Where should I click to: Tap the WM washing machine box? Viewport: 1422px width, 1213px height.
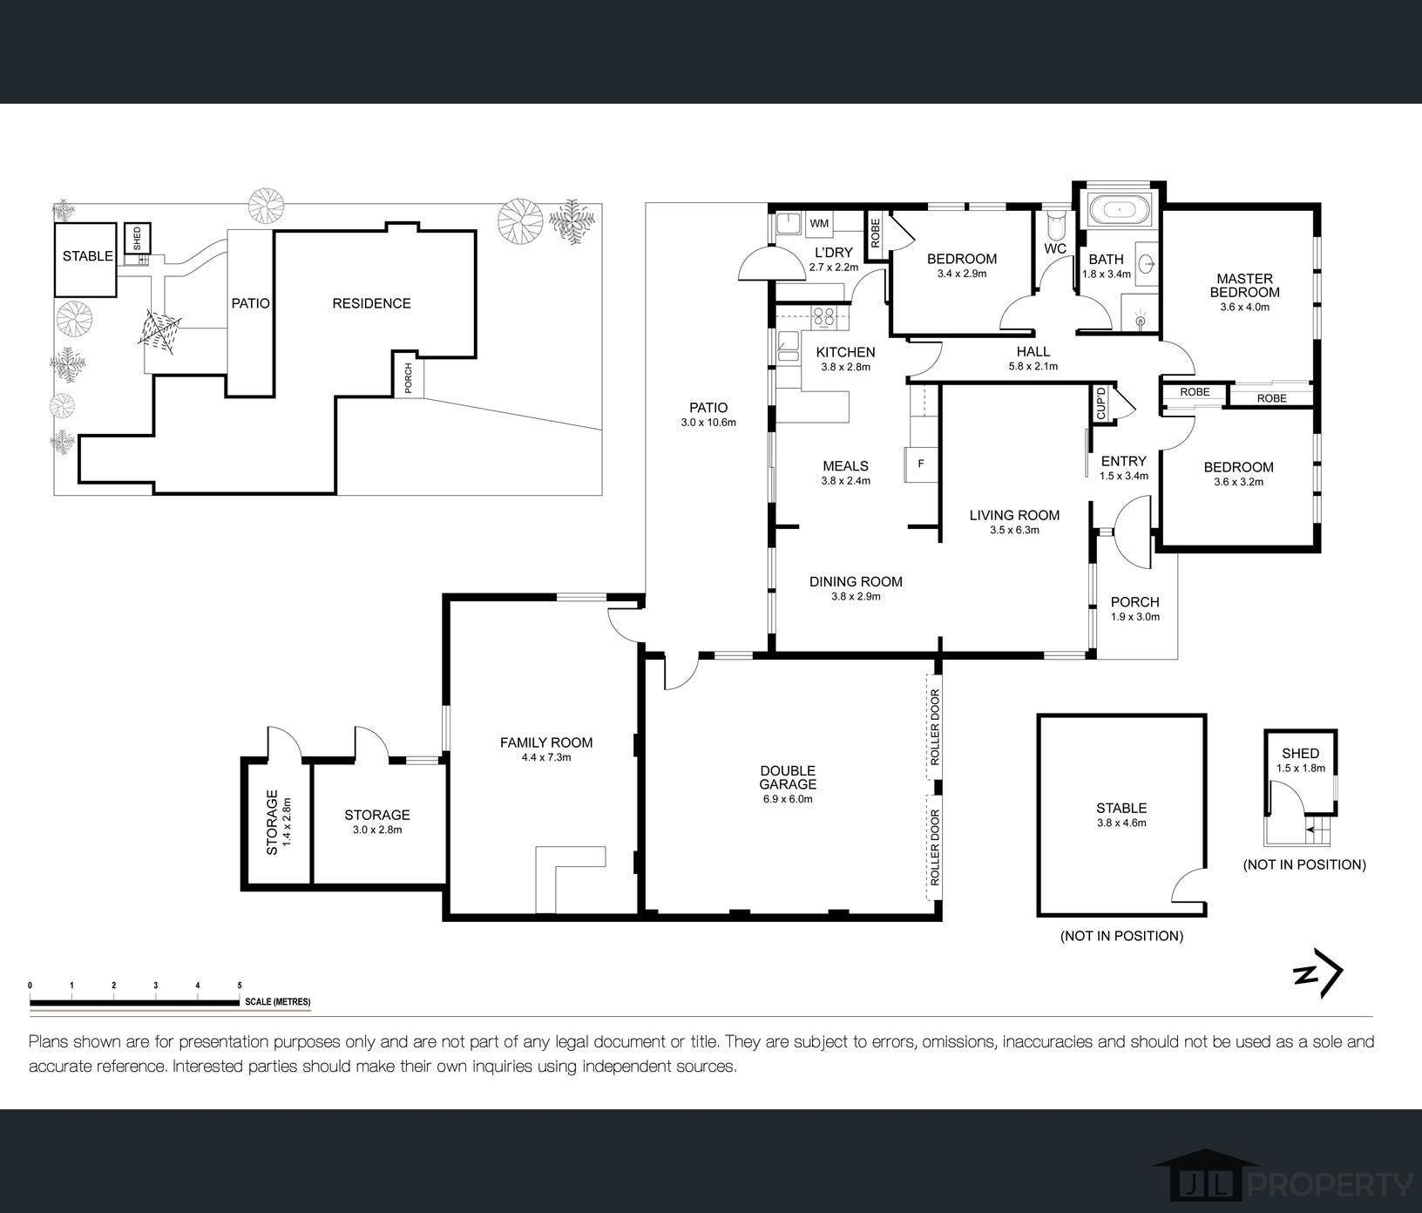pos(820,224)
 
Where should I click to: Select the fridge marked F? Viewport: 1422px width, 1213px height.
pos(920,464)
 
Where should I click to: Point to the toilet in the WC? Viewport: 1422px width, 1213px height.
pos(1055,225)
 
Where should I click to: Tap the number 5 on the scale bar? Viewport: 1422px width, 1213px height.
pos(240,986)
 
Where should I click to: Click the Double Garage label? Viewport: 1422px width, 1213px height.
pos(788,777)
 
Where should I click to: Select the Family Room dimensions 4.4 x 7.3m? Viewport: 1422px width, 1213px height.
pos(546,757)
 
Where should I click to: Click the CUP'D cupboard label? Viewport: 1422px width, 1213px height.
pos(1100,403)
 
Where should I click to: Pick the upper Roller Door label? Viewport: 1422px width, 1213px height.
pos(935,727)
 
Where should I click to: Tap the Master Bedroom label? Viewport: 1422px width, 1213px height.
pos(1244,286)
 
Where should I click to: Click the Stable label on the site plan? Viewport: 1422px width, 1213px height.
pos(87,256)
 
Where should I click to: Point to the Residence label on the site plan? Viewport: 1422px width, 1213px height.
pos(371,303)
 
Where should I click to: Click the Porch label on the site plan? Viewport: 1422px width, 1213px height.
pos(408,377)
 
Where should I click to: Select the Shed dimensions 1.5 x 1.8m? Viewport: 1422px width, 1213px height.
pos(1300,769)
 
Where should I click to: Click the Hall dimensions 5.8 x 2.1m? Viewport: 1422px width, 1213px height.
pos(1033,367)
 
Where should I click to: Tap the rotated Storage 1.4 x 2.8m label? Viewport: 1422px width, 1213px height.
pos(278,822)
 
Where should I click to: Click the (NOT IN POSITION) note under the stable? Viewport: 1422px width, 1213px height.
pos(1121,936)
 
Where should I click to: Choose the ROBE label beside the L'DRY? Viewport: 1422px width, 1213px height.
pos(876,233)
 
